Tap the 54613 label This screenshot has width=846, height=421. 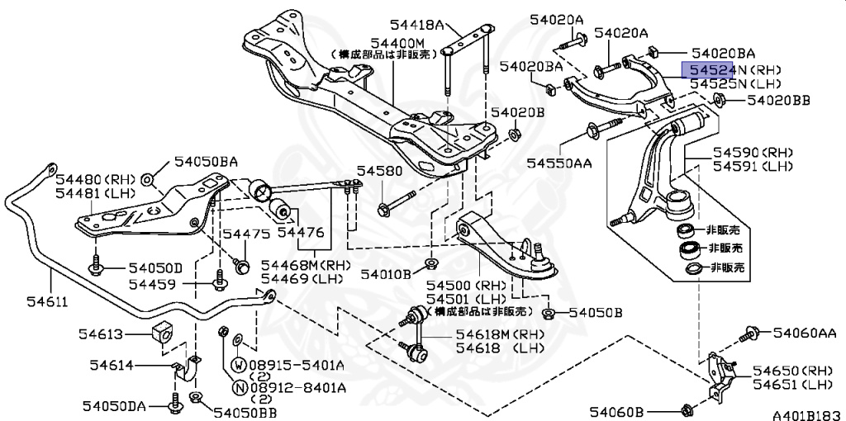pos(101,334)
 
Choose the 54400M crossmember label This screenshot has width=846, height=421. pos(397,42)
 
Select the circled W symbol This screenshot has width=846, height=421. pos(238,363)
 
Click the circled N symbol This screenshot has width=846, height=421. pos(238,387)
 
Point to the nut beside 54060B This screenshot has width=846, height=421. pos(687,410)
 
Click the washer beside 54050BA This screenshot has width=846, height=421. pos(148,178)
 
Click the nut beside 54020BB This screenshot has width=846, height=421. pos(717,102)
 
